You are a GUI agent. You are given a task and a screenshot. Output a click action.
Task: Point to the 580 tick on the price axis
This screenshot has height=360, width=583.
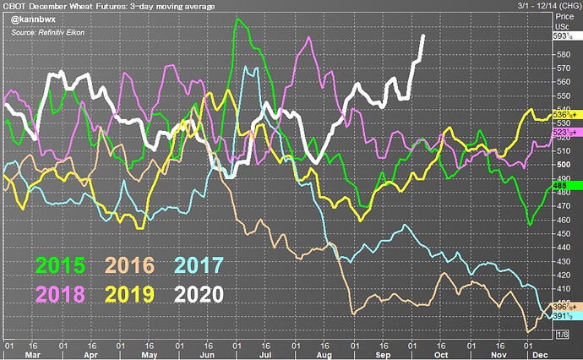tap(561, 55)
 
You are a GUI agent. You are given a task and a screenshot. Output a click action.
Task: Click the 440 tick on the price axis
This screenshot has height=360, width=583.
tap(561, 247)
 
